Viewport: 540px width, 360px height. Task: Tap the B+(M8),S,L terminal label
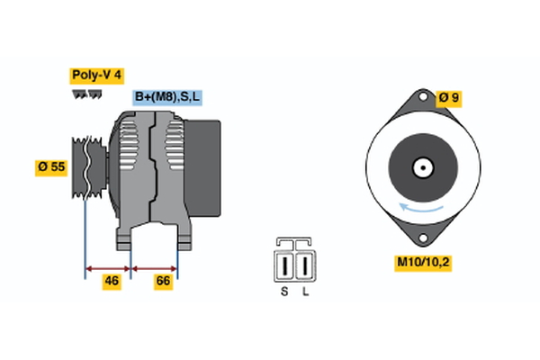(168, 97)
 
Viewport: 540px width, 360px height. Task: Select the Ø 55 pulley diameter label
(52, 166)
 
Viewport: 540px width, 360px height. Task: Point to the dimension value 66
(164, 282)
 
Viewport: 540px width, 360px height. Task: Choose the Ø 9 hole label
(448, 97)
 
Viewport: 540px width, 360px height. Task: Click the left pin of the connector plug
(286, 267)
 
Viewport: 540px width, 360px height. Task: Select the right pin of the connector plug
(305, 267)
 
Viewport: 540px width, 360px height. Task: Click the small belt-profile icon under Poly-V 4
(85, 94)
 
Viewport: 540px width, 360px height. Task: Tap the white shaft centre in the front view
(420, 167)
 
